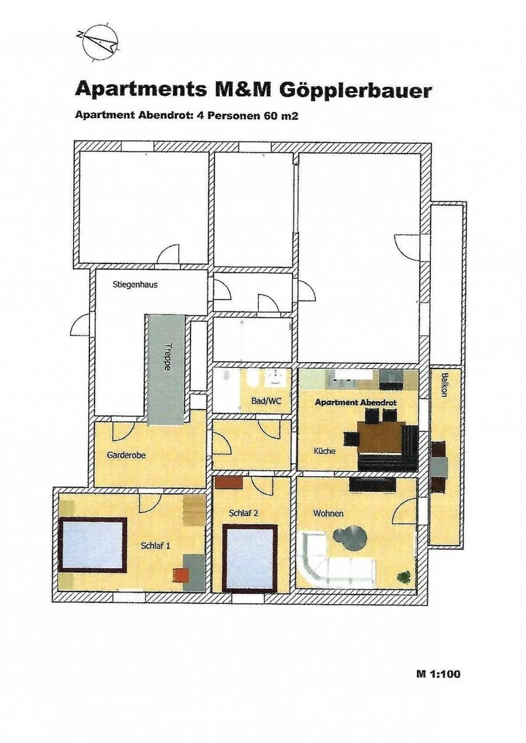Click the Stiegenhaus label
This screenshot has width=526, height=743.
(135, 284)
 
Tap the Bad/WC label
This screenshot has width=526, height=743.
(266, 401)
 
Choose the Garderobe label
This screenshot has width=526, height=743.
(126, 456)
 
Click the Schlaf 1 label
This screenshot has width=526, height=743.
(155, 546)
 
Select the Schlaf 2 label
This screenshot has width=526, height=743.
(244, 513)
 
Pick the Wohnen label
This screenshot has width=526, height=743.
(328, 513)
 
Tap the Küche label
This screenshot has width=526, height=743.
(324, 451)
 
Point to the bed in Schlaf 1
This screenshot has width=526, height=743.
(92, 544)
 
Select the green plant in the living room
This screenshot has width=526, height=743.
(404, 576)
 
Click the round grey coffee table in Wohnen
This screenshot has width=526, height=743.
(349, 536)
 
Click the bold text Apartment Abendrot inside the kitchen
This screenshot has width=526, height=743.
(356, 402)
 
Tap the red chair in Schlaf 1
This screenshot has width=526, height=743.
(180, 575)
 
